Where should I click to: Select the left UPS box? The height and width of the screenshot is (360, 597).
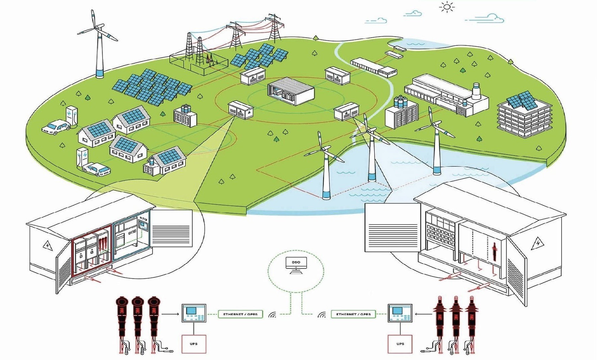[x=194, y=344]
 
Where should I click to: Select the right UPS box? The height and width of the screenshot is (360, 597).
[x=400, y=344]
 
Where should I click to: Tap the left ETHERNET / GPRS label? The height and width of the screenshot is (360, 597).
[x=240, y=314]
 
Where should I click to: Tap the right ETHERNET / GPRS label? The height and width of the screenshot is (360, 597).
[x=353, y=314]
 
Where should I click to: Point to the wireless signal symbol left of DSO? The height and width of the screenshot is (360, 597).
[x=272, y=315]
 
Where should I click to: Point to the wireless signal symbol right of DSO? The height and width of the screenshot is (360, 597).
[x=321, y=315]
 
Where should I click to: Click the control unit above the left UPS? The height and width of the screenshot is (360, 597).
[x=194, y=313]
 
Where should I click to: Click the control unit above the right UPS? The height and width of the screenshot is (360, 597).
[x=400, y=313]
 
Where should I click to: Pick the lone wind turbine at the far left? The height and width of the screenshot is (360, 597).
[x=99, y=44]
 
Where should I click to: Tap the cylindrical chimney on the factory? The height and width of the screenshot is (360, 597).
[x=476, y=91]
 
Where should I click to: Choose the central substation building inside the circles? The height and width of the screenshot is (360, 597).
[x=291, y=91]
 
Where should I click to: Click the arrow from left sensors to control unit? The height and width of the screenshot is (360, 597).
[x=170, y=314]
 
